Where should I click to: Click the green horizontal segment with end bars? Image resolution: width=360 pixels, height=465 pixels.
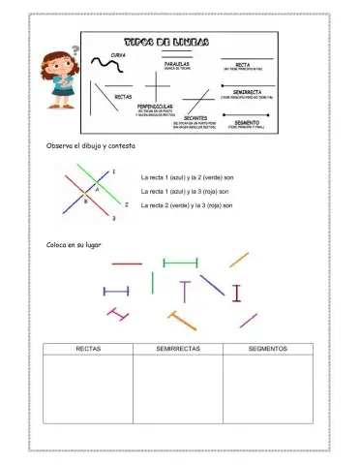[x=181, y=262]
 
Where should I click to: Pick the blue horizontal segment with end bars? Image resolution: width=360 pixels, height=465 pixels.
[x=116, y=290]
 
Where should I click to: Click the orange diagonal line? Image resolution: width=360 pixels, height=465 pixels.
[x=239, y=259]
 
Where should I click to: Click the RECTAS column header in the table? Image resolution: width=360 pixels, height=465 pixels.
[x=89, y=349]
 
